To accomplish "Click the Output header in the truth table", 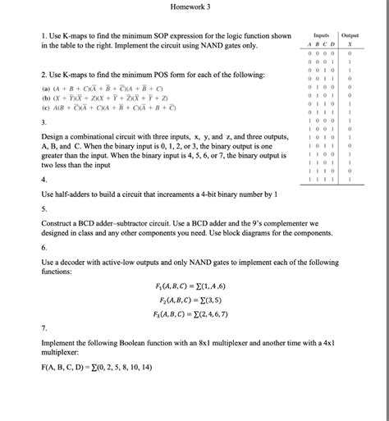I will tap(350, 36).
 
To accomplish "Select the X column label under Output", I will tap(350, 45).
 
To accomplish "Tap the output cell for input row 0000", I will tap(350, 53).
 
